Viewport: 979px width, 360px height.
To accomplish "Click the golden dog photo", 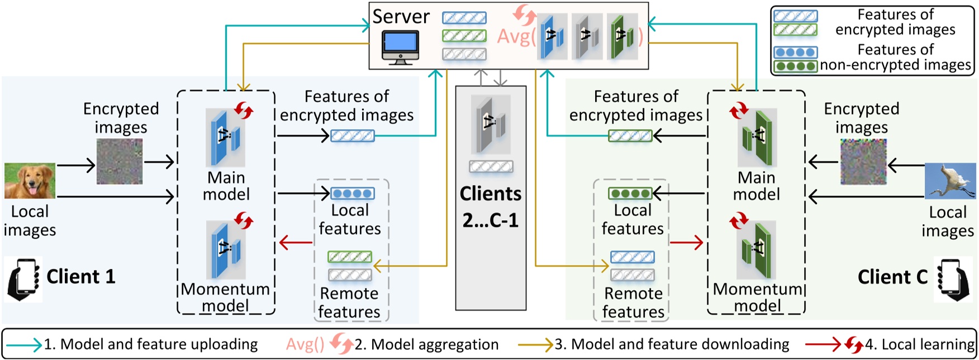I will (x=30, y=181).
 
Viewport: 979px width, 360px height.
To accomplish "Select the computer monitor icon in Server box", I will (x=400, y=47).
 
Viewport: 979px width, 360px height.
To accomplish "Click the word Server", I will (x=401, y=17).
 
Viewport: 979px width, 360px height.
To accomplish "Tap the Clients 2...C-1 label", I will (x=491, y=207).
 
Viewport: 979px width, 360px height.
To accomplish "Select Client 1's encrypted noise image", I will (x=120, y=162).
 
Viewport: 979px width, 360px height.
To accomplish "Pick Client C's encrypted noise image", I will (x=863, y=162).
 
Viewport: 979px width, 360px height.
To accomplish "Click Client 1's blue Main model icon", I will (x=226, y=138).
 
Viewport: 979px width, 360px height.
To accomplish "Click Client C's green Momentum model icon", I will (x=757, y=250).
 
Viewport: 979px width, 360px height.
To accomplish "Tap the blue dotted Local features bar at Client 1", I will (x=353, y=193).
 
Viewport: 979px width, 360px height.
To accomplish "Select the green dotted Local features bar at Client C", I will (x=630, y=193).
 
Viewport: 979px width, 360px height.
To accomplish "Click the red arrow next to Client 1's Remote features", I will (x=296, y=243).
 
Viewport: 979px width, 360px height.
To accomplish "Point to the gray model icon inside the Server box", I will (x=586, y=37).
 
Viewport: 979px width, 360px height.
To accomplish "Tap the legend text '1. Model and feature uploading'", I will (x=151, y=344).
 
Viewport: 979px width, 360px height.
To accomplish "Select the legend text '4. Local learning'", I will (x=920, y=344).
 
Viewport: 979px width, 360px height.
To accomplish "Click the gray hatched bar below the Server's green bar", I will (x=464, y=54).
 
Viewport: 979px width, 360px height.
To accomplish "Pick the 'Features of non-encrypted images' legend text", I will (x=896, y=58).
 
